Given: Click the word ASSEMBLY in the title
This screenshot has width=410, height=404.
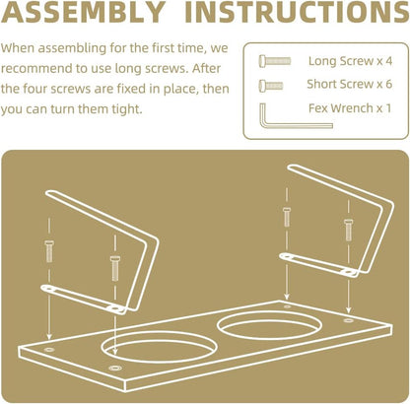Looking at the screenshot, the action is tap(84, 12).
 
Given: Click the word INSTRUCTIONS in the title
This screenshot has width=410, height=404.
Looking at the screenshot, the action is tap(297, 12).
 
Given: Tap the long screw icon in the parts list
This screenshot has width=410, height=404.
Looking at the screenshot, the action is tap(275, 61).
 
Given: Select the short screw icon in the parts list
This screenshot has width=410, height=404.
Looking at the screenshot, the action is tap(271, 86).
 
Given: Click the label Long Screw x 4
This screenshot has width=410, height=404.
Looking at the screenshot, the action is tap(350, 61).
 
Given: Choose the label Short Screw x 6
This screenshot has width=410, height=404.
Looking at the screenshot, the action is tap(350, 85).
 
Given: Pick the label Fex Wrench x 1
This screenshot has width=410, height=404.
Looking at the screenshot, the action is tap(350, 108).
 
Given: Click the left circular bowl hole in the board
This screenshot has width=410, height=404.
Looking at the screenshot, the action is tap(159, 346).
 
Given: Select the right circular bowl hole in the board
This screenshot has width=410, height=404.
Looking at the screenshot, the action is tap(269, 325).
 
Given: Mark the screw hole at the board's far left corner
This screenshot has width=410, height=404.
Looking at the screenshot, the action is tap(49, 350).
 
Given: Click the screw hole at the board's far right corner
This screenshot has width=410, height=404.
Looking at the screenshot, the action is tap(348, 320).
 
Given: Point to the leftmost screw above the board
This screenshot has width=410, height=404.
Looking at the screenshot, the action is tap(49, 251).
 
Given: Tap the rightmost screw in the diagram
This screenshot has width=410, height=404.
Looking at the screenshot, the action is tap(349, 230).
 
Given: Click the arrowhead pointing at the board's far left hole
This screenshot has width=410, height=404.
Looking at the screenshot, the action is tap(49, 337).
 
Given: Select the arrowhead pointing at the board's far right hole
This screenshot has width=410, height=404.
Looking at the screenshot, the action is tap(349, 309).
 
